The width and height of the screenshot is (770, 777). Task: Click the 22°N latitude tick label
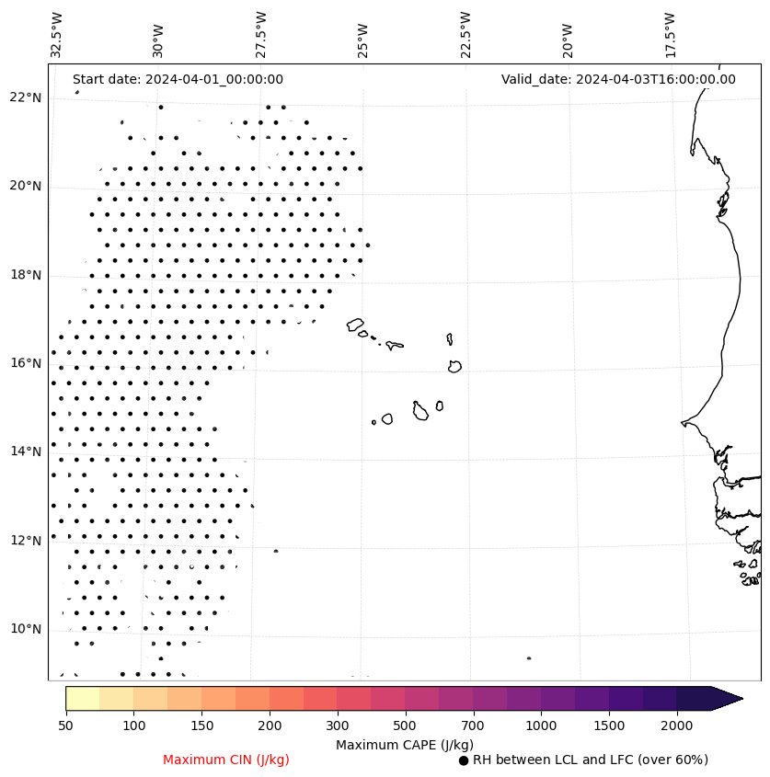pyautogui.click(x=27, y=97)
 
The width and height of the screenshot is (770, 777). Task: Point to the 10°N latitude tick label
pyautogui.click(x=27, y=629)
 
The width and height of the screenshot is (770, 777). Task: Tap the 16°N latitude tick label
pyautogui.click(x=27, y=363)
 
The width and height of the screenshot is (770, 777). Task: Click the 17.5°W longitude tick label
pyautogui.click(x=670, y=34)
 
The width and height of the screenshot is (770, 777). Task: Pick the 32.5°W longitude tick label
pyautogui.click(x=57, y=34)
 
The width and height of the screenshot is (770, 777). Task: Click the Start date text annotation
pyautogui.click(x=178, y=79)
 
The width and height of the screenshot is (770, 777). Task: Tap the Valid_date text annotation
pyautogui.click(x=618, y=79)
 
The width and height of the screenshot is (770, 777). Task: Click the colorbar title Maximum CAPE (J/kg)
pyautogui.click(x=404, y=744)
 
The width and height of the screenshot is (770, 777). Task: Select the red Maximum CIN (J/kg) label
pyautogui.click(x=226, y=760)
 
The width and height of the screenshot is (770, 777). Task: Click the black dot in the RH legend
pyautogui.click(x=464, y=760)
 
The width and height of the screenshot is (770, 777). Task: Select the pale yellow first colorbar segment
pyautogui.click(x=82, y=698)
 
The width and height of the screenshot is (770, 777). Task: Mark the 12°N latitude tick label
pyautogui.click(x=27, y=541)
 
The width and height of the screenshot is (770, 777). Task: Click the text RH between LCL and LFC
pyautogui.click(x=590, y=760)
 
